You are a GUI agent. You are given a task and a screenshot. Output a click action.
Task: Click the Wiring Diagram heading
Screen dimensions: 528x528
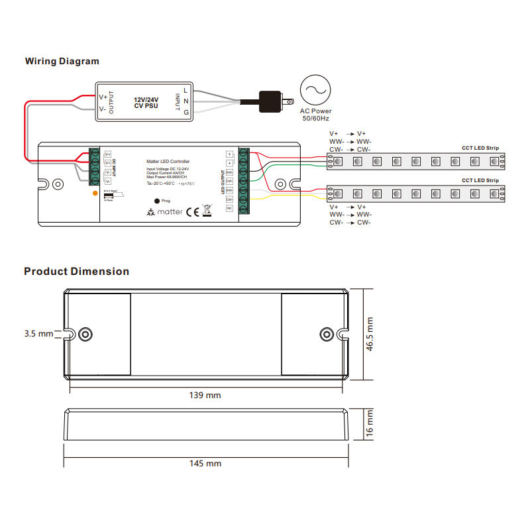pos(62,61)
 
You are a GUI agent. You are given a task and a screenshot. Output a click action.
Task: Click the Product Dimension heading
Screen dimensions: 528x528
pos(76,271)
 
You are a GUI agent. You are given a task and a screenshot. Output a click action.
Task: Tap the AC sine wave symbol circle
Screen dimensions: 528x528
pos(316,91)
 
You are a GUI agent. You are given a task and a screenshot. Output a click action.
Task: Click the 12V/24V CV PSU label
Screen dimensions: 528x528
pos(146,101)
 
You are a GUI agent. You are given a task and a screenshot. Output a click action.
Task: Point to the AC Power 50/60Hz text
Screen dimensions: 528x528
pos(316,115)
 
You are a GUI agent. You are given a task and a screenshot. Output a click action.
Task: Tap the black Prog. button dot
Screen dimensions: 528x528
pos(156,201)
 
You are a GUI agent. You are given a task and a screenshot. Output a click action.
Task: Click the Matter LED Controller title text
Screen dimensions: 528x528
pos(168,162)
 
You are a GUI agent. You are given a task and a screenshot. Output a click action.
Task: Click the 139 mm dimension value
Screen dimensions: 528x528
pos(206,396)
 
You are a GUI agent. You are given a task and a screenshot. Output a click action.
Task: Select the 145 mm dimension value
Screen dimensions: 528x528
pos(206,463)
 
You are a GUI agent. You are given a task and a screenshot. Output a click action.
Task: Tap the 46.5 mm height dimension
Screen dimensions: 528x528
pos(370,335)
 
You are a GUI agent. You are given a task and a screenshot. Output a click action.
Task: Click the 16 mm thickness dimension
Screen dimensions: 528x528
pos(370,424)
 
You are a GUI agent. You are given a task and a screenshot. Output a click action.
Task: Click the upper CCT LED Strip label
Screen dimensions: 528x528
pos(480,148)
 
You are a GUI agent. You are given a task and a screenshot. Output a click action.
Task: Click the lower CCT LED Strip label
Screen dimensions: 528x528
pos(480,180)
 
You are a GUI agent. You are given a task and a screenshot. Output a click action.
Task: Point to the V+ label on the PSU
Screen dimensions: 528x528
pos(103,97)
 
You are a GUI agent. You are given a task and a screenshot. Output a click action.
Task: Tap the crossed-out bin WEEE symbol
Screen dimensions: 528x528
pos(207,211)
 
